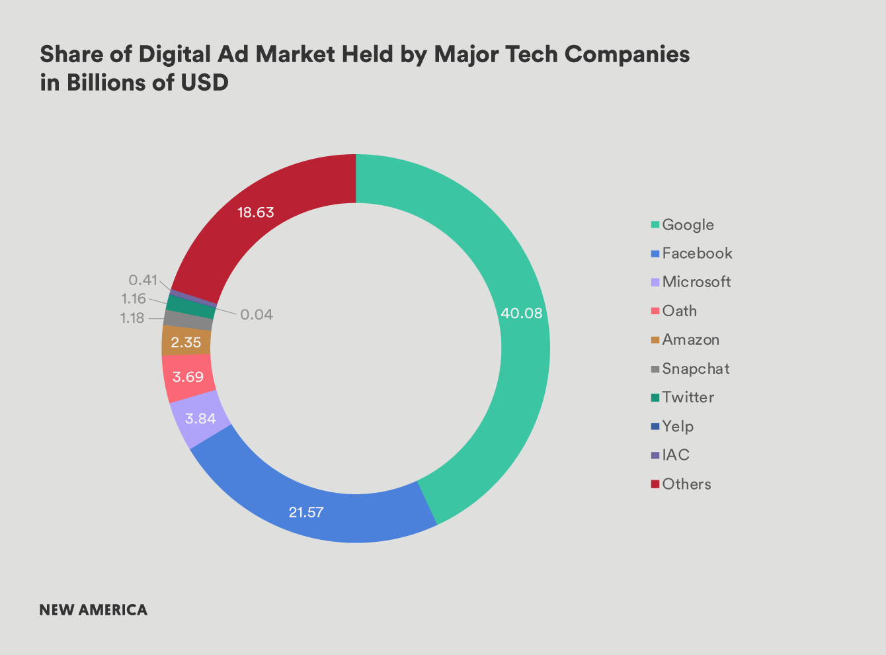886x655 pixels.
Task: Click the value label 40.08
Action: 521,314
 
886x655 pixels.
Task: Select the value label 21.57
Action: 305,512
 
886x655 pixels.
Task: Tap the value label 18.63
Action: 256,212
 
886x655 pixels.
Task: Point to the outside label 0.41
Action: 143,280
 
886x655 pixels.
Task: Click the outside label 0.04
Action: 257,315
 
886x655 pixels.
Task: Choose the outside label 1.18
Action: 132,318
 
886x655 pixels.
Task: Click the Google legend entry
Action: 688,225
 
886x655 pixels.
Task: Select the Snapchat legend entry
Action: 696,369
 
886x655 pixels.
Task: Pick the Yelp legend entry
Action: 678,426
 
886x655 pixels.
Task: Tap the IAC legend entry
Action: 676,455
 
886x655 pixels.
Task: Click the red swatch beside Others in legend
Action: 655,484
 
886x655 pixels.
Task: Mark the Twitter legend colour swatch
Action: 655,398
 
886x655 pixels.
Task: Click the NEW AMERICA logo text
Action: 93,610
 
